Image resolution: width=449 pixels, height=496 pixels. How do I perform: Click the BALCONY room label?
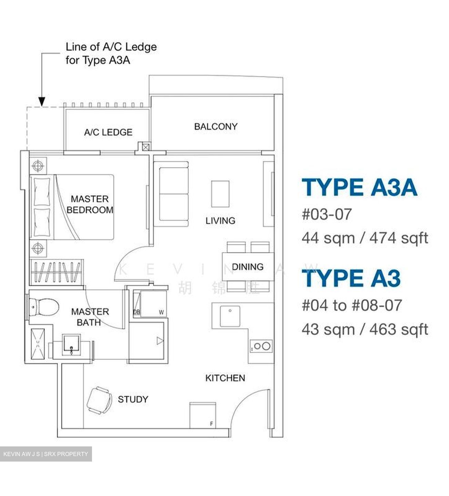216,126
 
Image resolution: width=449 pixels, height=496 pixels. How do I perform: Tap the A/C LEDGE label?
108,132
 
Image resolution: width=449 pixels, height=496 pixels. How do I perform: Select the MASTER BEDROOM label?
90,204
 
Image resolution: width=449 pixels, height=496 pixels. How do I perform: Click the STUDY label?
133,399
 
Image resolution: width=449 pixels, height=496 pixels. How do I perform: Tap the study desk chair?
100,400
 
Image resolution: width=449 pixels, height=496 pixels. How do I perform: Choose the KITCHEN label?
225,378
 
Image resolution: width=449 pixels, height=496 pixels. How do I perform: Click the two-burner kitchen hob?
262,346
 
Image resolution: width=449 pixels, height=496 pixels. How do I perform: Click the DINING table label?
247,267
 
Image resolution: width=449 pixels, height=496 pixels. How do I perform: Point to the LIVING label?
220,220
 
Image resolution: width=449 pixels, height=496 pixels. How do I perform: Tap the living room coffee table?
220,194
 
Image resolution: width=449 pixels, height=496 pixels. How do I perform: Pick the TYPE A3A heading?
359,187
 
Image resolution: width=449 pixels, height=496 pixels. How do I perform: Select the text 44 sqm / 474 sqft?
365,238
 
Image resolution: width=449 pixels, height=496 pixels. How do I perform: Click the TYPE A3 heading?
351,278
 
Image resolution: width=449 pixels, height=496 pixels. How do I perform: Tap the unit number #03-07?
327,214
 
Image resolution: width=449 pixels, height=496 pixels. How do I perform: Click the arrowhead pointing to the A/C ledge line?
42,102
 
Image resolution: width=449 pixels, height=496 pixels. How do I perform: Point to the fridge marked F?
203,415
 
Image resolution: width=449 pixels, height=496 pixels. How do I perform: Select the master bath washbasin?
71,345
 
